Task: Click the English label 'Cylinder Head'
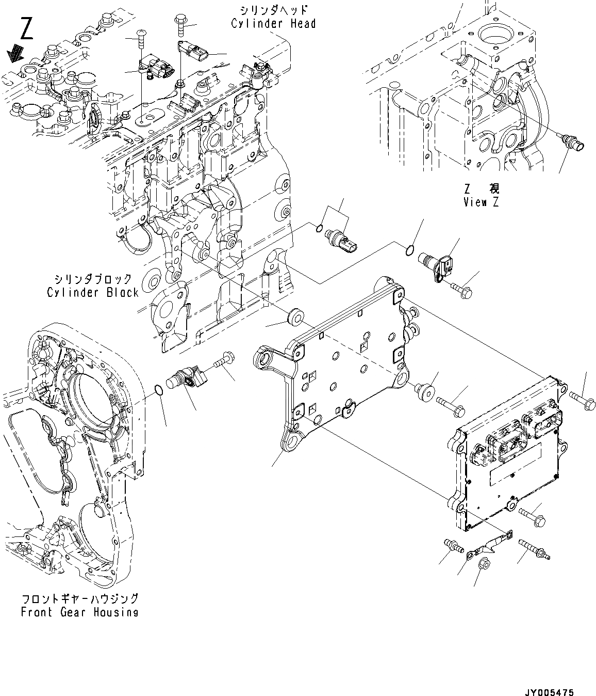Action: tap(273, 23)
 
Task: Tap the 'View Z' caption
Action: tap(481, 202)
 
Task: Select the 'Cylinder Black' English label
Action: tap(93, 292)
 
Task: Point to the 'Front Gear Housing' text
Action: tap(79, 612)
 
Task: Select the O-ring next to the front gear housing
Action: tap(160, 392)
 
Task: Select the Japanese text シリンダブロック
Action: tap(93, 279)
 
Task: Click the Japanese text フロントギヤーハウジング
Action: tap(79, 599)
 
